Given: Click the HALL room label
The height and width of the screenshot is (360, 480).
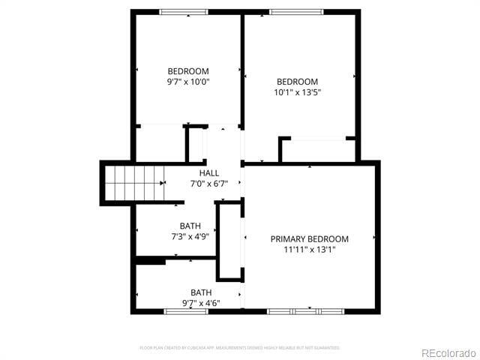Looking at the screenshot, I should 209,173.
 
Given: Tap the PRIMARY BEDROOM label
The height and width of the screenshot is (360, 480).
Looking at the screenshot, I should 309,239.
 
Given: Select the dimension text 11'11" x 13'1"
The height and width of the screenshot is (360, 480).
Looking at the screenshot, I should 309,250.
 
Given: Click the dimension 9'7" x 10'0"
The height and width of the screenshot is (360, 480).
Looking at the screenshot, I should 188,82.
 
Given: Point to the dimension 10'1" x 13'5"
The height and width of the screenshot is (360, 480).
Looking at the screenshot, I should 298,92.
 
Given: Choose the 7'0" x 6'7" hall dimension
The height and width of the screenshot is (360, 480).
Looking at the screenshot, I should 209,184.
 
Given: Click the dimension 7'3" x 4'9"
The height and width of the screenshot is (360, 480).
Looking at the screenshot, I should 190,236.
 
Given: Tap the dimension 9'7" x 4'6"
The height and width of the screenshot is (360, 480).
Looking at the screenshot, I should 200,303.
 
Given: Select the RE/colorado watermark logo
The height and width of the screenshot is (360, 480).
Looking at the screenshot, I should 448,352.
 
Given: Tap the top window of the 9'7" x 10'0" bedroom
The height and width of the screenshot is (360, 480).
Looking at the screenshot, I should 184,11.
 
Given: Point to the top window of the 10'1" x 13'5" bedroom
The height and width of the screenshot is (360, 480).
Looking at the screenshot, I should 296,11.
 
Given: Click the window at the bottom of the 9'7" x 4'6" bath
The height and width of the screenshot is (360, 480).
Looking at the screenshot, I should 186,310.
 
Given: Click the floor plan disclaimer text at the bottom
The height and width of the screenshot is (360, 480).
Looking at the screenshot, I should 240,347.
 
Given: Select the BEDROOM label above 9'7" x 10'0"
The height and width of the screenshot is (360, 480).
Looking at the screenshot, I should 188,71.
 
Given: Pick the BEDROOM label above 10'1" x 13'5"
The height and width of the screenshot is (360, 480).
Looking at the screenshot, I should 298,82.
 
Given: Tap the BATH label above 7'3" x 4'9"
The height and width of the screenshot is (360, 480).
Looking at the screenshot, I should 190,226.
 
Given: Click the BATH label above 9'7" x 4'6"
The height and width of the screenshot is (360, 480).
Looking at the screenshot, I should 200,292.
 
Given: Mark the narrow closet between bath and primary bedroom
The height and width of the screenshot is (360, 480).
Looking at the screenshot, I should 229,241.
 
